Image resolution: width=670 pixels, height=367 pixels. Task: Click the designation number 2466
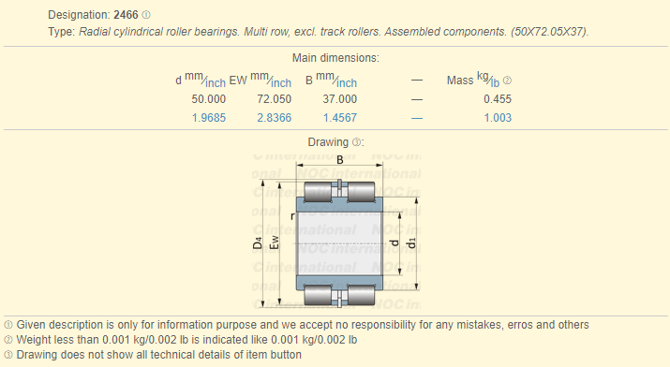[x=126, y=15]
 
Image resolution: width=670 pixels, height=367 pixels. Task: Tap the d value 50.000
[x=209, y=99]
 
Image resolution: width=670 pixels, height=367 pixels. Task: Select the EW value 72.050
[x=274, y=99]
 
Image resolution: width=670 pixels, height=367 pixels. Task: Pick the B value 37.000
[x=340, y=99]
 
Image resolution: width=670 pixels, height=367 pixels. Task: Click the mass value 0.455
[x=498, y=99]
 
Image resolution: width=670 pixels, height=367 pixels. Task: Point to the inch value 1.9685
[x=209, y=118]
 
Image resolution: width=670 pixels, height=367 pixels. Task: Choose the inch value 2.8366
[x=274, y=118]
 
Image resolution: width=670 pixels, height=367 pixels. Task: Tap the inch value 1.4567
[x=340, y=118]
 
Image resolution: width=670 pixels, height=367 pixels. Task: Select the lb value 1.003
[x=498, y=118]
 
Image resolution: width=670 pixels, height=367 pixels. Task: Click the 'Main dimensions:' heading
[x=335, y=58]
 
